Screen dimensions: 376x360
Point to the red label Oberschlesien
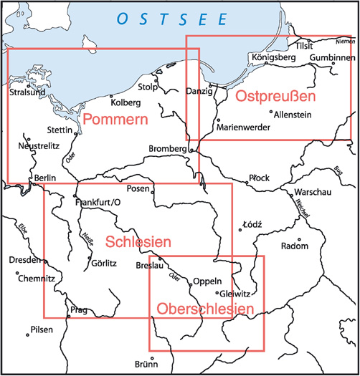click(x=206, y=309)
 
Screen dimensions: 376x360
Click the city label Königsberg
click(x=270, y=57)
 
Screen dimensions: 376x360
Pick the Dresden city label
click(x=25, y=260)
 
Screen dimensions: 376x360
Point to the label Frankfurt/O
click(x=100, y=202)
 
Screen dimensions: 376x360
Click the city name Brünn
click(x=146, y=363)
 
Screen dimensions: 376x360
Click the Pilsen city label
click(x=42, y=330)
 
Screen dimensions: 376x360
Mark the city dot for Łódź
click(x=240, y=231)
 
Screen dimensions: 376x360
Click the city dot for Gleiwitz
click(x=217, y=292)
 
